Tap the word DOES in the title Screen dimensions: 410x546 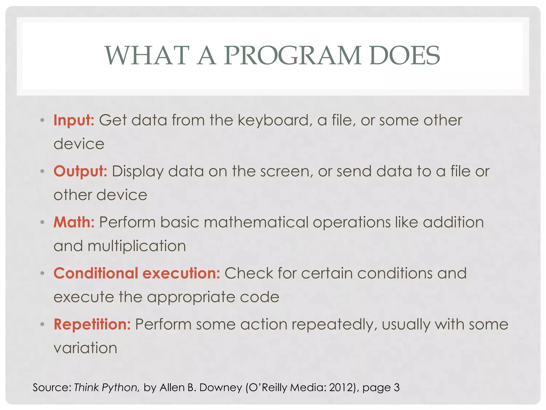(x=405, y=56)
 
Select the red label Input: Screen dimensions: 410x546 (x=74, y=120)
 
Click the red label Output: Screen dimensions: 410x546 (x=80, y=171)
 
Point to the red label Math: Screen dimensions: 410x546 (x=74, y=222)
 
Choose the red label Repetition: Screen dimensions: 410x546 (x=92, y=324)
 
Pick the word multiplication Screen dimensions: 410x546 (x=137, y=246)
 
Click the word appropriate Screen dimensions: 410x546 (x=191, y=297)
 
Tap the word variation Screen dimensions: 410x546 (x=85, y=348)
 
